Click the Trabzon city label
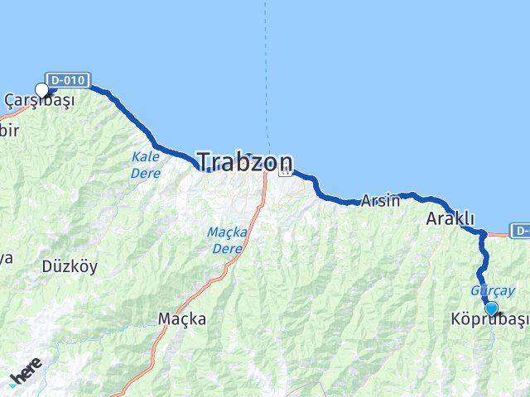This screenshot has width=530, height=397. click(x=244, y=160)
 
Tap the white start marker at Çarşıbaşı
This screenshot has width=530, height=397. click(x=42, y=90)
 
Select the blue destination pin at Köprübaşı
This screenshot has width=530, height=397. click(x=491, y=309)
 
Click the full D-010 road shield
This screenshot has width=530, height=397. click(x=65, y=80)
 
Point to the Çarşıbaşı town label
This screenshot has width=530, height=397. click(x=39, y=101)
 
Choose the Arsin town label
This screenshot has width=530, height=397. click(x=380, y=200)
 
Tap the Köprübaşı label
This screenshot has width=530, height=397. click(x=489, y=319)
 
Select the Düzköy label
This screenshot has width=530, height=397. click(x=70, y=266)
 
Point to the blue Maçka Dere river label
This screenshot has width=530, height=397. click(x=224, y=241)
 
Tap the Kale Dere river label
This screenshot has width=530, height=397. click(x=145, y=165)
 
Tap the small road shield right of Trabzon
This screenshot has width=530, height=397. click(x=285, y=171)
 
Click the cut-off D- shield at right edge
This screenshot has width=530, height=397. click(x=520, y=230)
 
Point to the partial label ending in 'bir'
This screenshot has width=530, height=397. click(x=7, y=130)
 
